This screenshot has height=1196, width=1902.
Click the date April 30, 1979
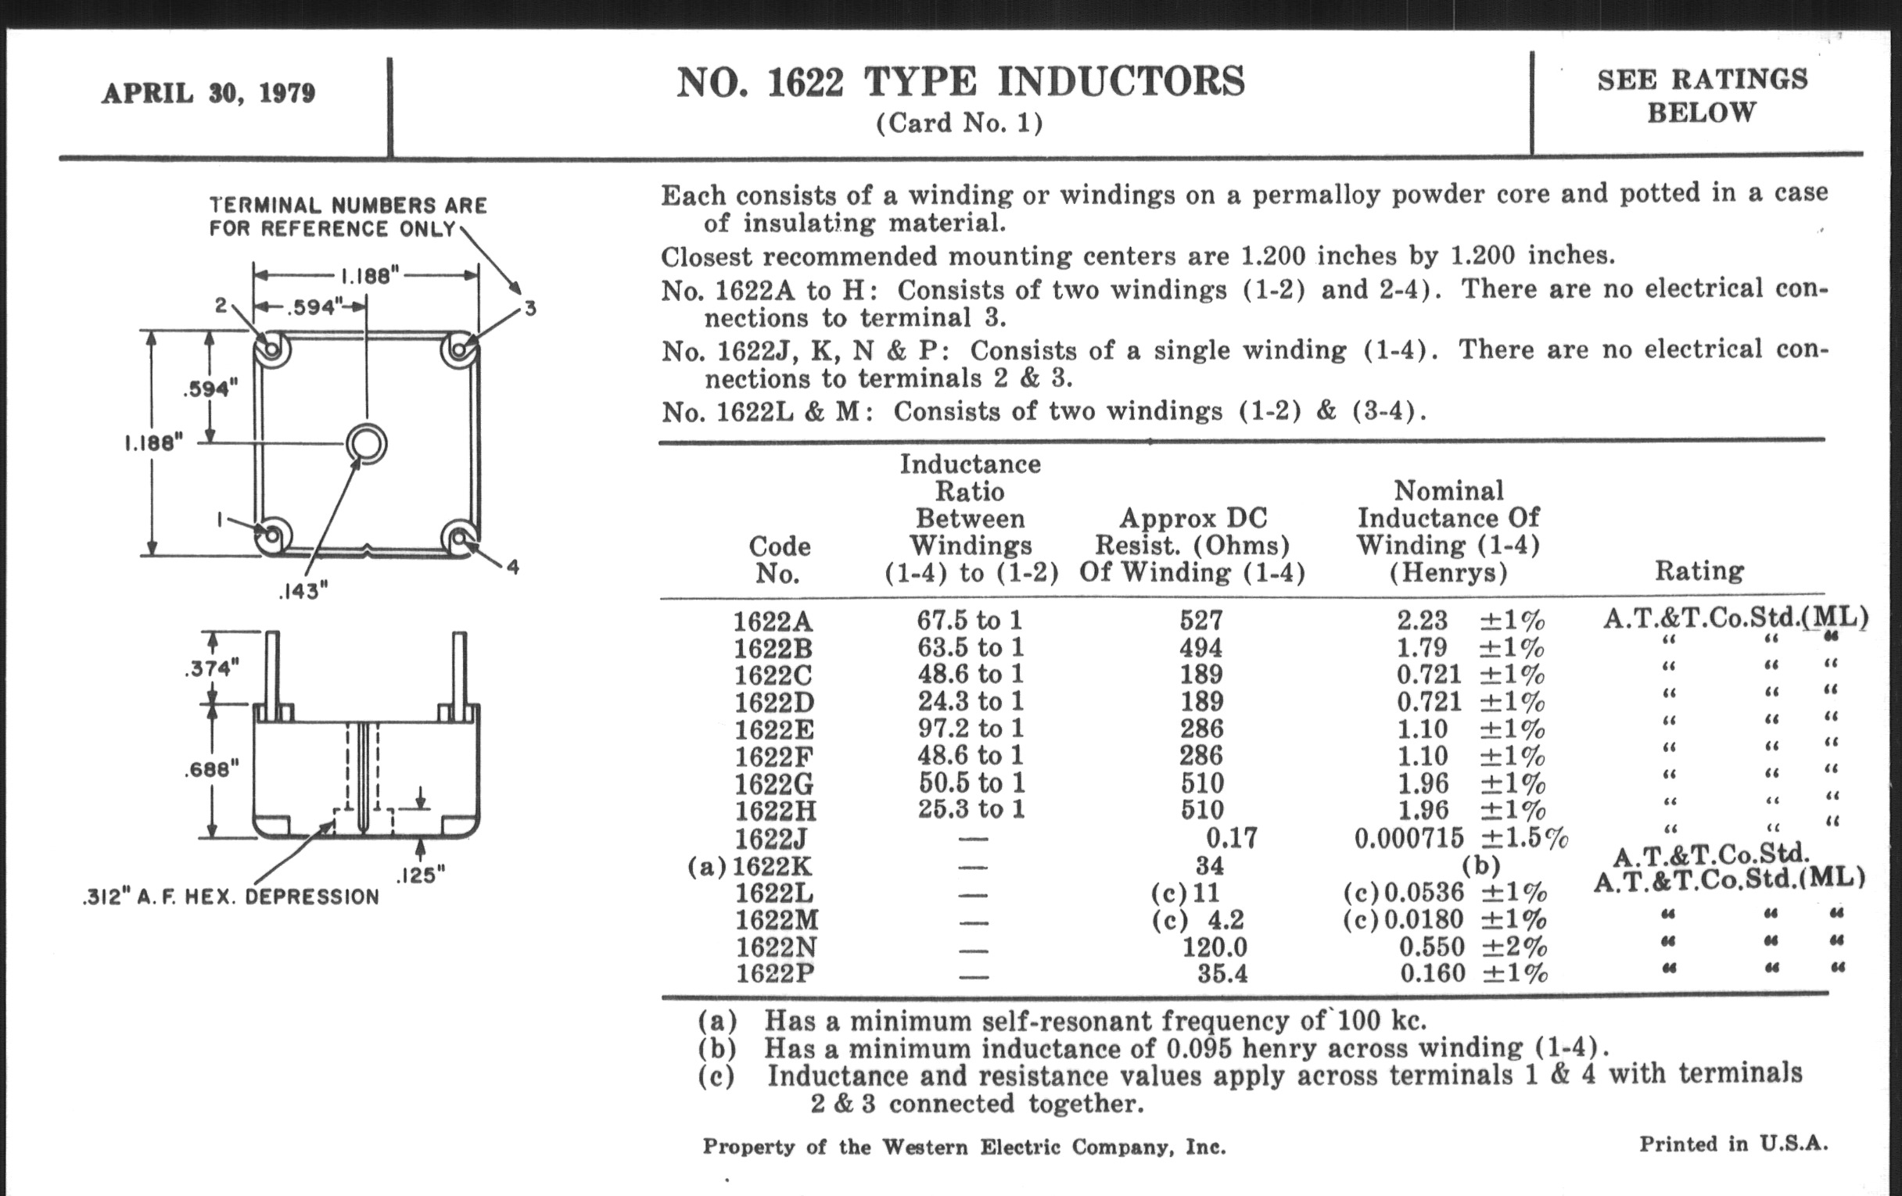pos(209,93)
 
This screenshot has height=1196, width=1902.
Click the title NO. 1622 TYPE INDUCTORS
pos(960,82)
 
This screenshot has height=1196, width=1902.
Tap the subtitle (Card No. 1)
pos(960,124)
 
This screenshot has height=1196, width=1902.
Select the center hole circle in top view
pos(367,444)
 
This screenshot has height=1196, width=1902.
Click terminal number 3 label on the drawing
pos(530,309)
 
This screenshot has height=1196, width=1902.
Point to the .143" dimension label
pos(303,591)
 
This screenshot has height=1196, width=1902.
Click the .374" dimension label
pos(210,668)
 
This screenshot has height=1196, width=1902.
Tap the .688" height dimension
pos(211,770)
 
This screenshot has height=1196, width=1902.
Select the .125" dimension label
pos(419,875)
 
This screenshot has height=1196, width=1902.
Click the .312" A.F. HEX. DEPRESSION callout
pos(231,897)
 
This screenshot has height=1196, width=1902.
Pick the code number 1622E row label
pos(773,729)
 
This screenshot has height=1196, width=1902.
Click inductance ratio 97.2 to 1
pos(970,728)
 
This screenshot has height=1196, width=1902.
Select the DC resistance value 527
pos(1200,621)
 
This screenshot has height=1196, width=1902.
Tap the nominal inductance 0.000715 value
pos(1409,839)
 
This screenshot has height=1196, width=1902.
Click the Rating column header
pos(1699,571)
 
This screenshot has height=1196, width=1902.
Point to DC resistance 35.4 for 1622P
pos(1222,974)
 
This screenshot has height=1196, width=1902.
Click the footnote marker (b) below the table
pos(717,1048)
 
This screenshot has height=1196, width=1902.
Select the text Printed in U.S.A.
pos(1733,1144)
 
